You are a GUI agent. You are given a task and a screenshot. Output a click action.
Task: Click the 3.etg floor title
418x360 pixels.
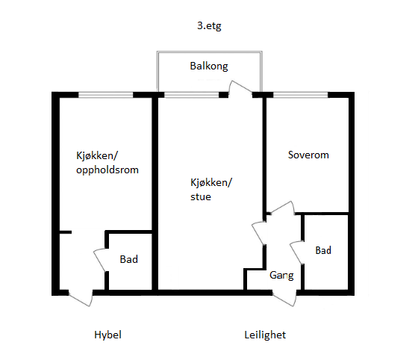(209, 25)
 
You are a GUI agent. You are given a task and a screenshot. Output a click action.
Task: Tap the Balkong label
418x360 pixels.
(209, 66)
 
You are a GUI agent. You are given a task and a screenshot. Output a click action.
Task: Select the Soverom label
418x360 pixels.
(308, 155)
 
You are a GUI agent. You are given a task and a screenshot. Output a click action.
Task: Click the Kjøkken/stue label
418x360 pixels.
(211, 190)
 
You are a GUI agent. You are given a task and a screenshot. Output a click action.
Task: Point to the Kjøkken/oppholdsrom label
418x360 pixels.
(107, 163)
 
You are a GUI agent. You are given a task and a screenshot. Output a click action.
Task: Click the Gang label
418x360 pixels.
(281, 275)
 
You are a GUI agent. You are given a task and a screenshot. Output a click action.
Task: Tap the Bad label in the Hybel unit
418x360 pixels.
(129, 259)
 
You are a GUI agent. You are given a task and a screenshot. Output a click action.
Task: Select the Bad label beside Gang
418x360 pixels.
(323, 250)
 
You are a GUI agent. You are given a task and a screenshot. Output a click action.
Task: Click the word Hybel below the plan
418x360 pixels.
(107, 335)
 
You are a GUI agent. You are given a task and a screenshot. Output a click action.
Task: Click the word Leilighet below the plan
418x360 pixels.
(264, 335)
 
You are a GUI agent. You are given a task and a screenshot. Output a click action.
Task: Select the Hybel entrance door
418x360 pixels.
(79, 297)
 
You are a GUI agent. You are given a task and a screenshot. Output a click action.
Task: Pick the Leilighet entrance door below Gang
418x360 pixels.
(286, 296)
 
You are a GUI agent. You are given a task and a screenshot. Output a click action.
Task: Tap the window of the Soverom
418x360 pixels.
(300, 95)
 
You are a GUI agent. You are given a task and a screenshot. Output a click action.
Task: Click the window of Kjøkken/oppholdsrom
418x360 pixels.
(105, 95)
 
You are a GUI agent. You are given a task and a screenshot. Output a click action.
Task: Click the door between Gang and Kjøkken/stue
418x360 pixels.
(258, 232)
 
